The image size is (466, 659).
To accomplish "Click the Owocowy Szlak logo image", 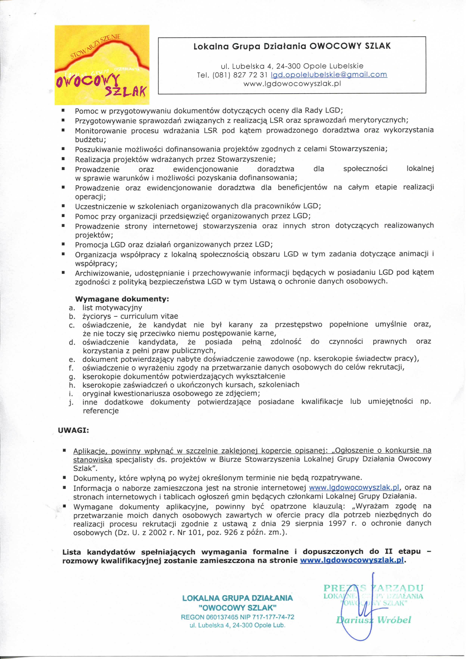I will click(x=102, y=65).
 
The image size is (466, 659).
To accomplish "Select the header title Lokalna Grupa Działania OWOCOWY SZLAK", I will click(x=292, y=46).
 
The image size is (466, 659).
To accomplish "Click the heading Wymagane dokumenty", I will click(x=122, y=299).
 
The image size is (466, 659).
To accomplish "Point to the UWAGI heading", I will click(x=73, y=430).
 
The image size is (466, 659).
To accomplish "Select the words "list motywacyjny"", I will click(x=112, y=308).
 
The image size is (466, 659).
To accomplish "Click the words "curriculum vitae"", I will click(x=149, y=316).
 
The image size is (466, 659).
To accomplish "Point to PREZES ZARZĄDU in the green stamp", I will click(x=373, y=588).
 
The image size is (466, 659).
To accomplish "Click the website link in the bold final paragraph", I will click(x=352, y=560).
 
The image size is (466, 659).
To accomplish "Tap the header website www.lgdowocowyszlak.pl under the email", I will click(x=292, y=84).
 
